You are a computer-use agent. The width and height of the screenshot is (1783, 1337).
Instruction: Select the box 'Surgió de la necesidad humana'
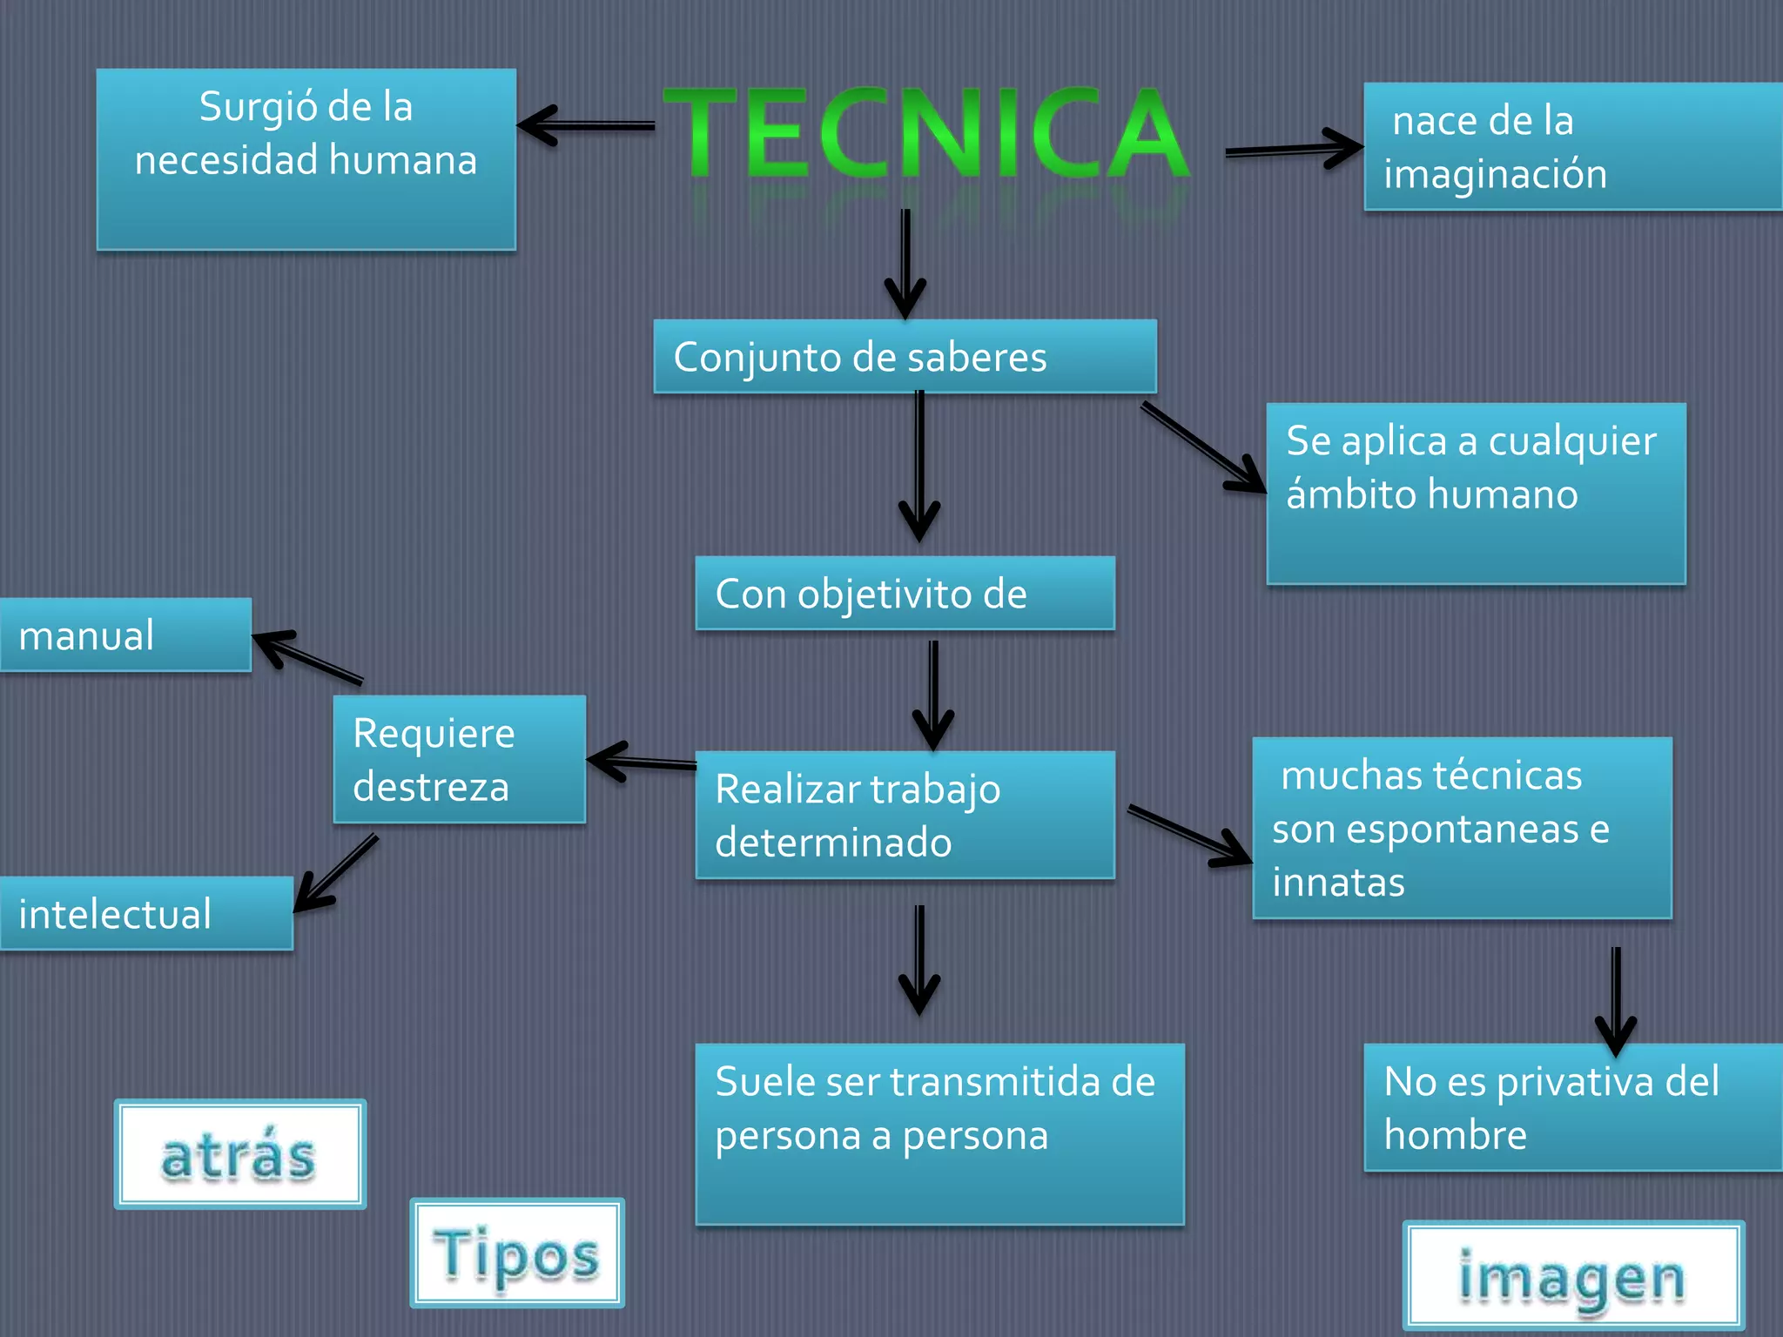[x=306, y=159]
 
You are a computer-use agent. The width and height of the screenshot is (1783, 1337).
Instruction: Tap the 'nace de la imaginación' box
[x=1571, y=146]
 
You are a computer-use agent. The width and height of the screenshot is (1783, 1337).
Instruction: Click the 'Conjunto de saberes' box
[x=905, y=357]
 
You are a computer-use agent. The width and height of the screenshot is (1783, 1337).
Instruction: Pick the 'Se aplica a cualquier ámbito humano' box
[x=1476, y=493]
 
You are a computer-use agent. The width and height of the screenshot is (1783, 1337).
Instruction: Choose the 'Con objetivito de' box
[x=905, y=594]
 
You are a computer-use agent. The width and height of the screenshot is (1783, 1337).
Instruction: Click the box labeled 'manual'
[x=125, y=635]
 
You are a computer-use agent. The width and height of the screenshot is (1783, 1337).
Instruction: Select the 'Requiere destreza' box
[x=459, y=759]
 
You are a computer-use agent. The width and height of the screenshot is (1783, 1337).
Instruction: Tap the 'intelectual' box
[x=146, y=914]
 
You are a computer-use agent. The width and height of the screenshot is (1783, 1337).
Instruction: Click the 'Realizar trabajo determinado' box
[x=905, y=815]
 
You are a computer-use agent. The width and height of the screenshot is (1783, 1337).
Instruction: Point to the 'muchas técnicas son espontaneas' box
[x=1462, y=828]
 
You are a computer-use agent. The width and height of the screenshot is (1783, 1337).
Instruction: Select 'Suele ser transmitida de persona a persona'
[x=939, y=1133]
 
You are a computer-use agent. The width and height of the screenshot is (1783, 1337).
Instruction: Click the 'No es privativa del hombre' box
[x=1571, y=1107]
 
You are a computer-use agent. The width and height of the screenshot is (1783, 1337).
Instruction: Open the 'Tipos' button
[x=517, y=1253]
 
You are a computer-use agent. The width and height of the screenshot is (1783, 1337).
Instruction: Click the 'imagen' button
[x=1573, y=1277]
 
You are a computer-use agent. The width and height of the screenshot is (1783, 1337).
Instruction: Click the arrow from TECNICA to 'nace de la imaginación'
[x=1294, y=150]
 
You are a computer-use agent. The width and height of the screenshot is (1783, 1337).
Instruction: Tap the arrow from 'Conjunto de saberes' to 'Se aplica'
[x=1203, y=448]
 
